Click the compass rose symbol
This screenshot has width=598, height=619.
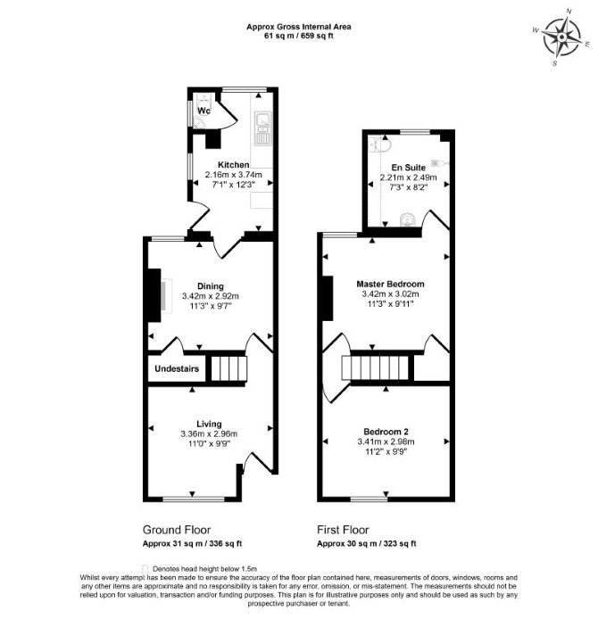tap(561, 37)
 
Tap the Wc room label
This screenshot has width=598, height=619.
tap(203, 111)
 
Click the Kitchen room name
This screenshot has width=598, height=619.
tap(234, 165)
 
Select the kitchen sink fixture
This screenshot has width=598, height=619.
tap(262, 128)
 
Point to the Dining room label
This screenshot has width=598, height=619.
tap(211, 286)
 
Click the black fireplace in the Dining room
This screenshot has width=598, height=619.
tap(154, 295)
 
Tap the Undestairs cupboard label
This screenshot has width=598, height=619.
tap(177, 368)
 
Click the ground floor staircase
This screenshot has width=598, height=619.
tap(229, 368)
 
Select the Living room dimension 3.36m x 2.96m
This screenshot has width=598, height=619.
tap(209, 433)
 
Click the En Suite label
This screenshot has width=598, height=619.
tap(409, 168)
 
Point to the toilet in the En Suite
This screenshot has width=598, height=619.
tap(381, 145)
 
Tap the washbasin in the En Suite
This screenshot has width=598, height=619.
tap(408, 220)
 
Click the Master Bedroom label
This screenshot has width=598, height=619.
tap(390, 284)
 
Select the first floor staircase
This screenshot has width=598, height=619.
tap(375, 368)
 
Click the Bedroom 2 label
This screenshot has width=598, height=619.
tap(386, 432)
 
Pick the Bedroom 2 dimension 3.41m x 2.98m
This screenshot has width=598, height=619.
tap(386, 442)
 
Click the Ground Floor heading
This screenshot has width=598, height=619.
tap(177, 530)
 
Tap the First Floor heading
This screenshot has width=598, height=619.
tap(343, 530)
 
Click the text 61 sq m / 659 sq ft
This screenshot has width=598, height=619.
tap(299, 36)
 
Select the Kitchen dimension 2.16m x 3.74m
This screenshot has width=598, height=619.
tap(234, 175)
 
